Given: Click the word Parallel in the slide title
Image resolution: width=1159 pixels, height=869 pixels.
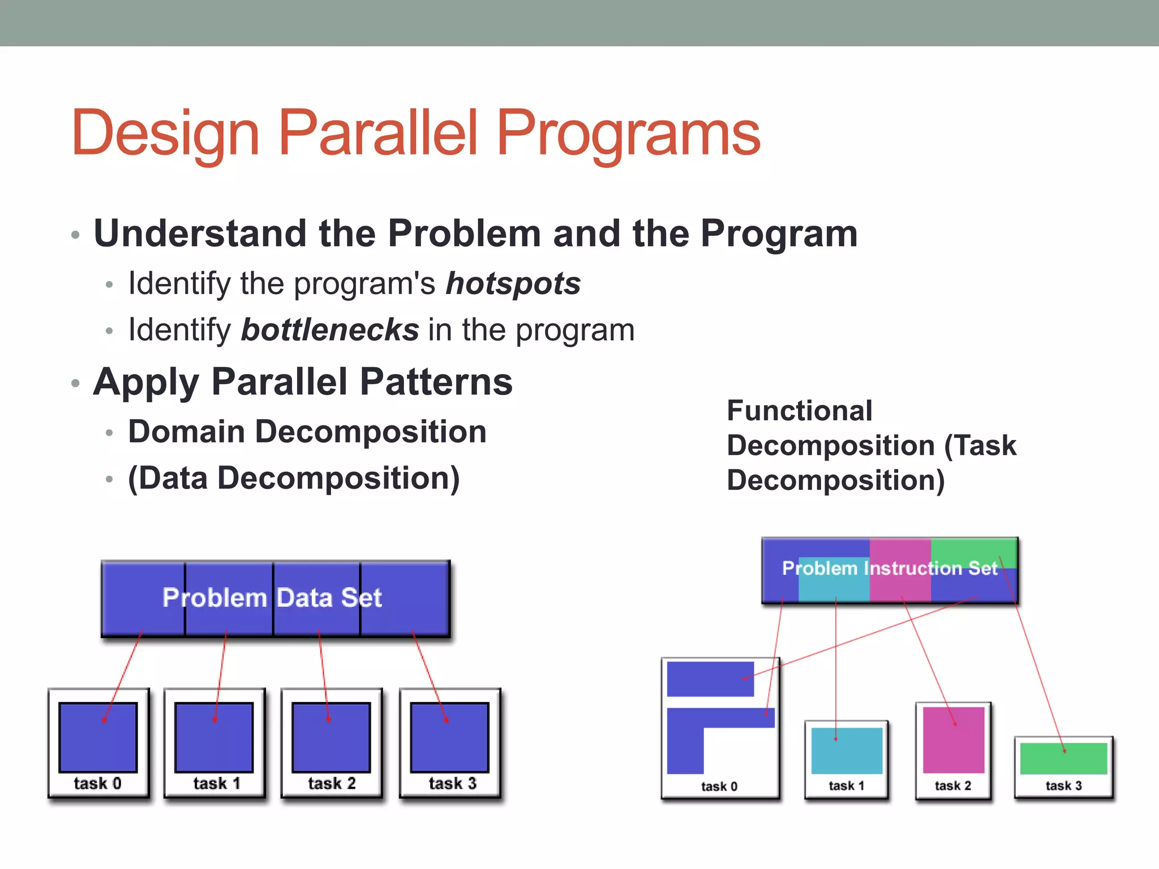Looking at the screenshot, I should pos(378,134).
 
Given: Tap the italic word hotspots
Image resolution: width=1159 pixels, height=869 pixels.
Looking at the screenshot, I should pos(513,283).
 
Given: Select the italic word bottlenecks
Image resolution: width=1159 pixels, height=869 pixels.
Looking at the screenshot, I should pos(330,330).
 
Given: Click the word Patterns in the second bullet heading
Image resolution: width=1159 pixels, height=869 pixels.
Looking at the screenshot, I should pos(436,382).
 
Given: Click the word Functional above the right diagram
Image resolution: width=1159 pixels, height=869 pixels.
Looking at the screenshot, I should pos(799,411).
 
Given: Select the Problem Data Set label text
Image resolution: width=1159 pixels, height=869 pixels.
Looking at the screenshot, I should pos(272,598).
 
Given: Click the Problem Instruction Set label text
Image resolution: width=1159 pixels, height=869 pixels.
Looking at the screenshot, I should pos(889,568).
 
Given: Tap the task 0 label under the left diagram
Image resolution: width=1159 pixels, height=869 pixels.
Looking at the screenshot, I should pos(97,784).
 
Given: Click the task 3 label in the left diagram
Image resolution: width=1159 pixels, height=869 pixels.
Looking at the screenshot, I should pos(452,784).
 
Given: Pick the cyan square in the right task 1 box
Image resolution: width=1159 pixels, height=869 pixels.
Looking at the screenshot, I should pos(847,751).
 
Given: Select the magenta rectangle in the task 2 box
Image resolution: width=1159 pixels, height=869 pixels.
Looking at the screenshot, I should pos(954,740).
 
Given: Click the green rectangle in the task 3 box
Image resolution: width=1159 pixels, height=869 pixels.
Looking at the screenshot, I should pos(1063,759).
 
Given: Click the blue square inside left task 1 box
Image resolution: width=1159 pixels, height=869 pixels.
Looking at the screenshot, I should pos(214,737).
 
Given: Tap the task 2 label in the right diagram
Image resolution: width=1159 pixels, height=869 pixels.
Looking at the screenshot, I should pos(952,786).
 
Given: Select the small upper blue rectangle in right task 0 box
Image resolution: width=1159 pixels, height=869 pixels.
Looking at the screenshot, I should pos(710,679).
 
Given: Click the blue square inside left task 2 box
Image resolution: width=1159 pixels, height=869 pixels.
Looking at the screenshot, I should pos(331,737).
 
